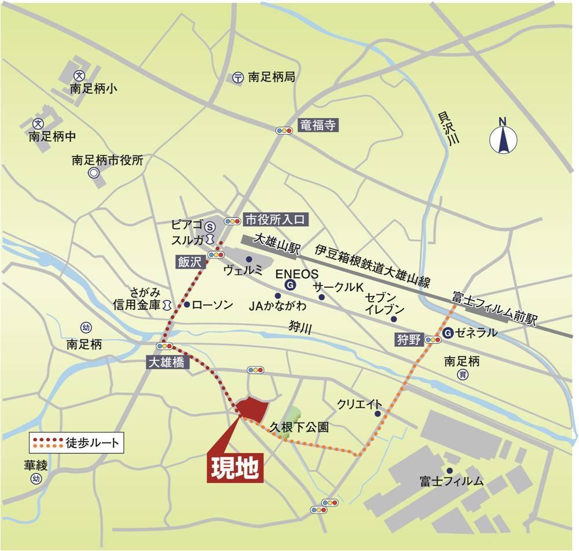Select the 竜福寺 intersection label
(317, 125)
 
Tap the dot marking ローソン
(187, 304)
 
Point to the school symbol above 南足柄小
(79, 75)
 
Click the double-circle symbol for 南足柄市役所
(93, 173)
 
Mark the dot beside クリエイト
(378, 413)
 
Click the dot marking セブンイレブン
(394, 319)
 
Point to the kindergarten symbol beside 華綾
(37, 479)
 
